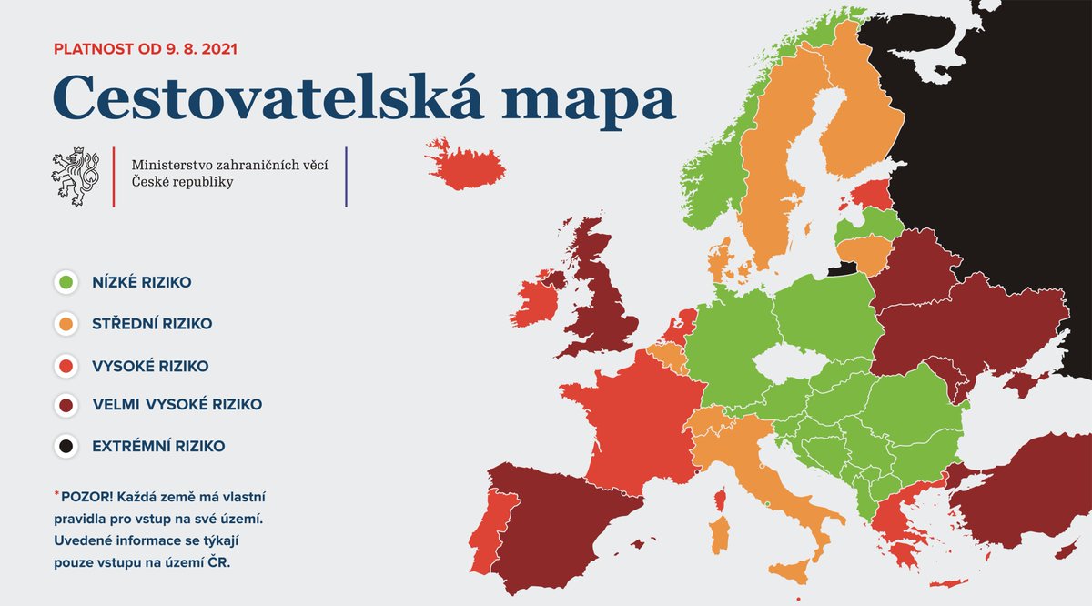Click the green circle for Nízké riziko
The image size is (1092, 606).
65,283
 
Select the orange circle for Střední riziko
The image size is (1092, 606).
65,324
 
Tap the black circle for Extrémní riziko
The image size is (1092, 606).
65,447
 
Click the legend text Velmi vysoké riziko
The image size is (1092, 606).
177,405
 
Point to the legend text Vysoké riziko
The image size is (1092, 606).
150,366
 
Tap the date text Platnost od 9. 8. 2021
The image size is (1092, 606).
146,48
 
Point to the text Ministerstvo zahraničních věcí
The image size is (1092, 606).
229,165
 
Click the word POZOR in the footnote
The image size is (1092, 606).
84,497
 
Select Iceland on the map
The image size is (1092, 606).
465,165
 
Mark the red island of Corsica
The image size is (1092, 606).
720,500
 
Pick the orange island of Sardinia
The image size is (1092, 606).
719,534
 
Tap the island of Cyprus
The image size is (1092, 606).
1066,550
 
